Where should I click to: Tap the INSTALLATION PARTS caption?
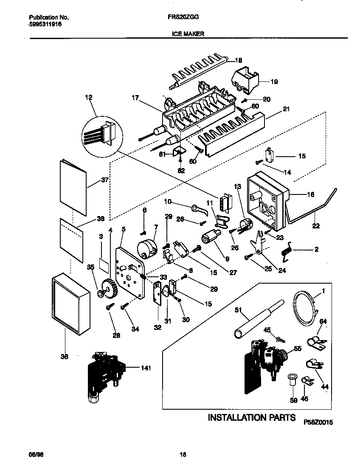(x=251, y=418)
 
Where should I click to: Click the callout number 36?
(x=64, y=357)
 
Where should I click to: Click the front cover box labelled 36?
(x=70, y=304)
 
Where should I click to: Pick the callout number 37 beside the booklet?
(x=105, y=180)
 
